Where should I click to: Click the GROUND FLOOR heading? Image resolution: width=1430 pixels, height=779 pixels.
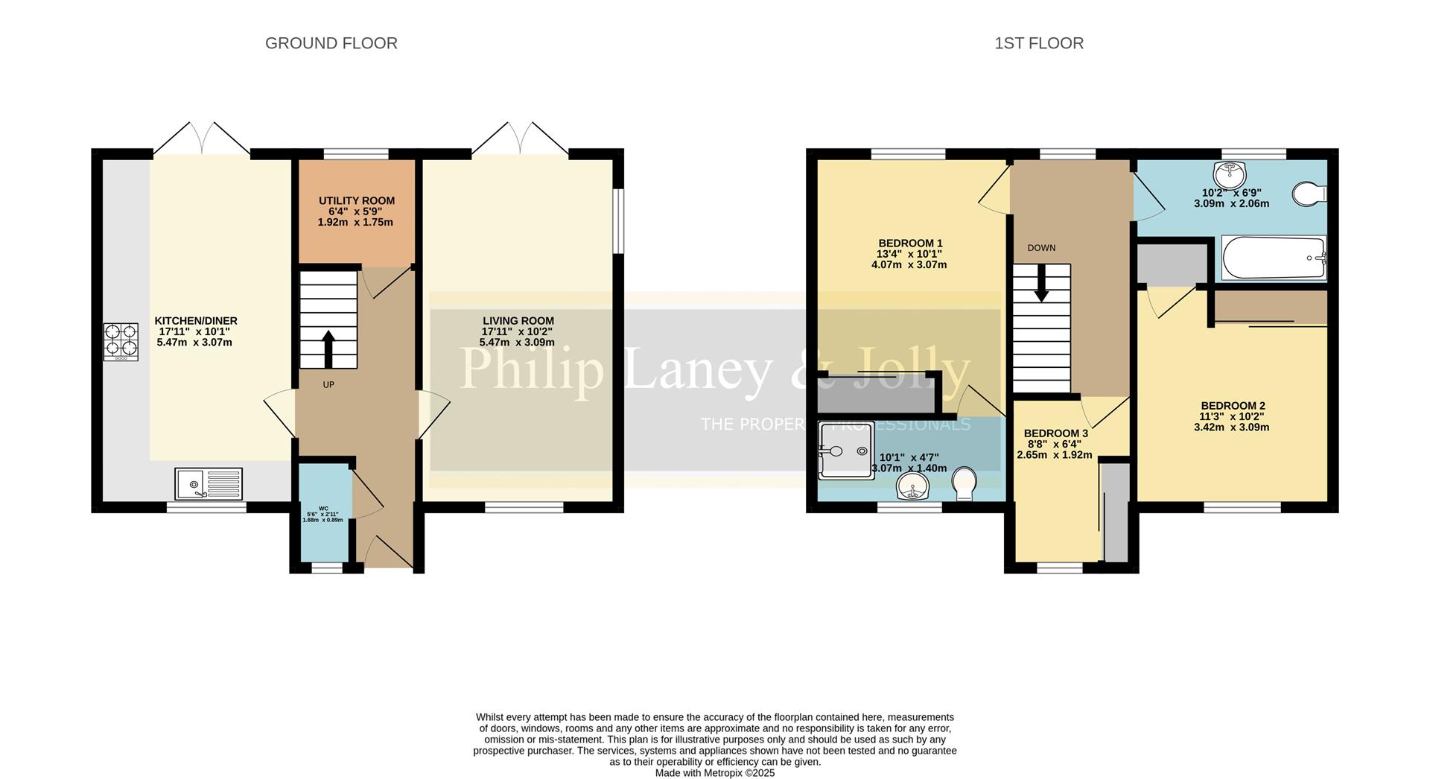331,43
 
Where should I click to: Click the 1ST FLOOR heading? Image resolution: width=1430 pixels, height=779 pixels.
1038,43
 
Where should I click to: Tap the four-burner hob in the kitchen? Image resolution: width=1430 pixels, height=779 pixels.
121,340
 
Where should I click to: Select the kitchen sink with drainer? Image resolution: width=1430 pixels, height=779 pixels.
209,483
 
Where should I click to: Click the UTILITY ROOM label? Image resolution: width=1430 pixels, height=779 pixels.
356,201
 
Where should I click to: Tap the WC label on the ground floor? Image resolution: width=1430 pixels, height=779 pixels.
323,508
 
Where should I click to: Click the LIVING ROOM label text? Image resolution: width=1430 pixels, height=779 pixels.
518,321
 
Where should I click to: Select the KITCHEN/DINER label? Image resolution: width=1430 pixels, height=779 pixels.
195,321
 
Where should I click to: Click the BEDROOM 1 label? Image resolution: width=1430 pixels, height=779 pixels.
910,244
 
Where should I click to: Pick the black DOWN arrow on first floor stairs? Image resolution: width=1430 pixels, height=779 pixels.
1040,284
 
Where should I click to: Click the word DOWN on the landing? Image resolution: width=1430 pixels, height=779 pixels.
1041,248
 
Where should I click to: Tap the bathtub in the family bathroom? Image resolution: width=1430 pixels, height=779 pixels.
1273,258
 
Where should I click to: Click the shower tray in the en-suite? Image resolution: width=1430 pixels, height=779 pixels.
846,450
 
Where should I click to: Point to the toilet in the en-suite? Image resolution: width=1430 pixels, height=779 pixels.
965,483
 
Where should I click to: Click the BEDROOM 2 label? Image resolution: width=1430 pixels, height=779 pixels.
1232,406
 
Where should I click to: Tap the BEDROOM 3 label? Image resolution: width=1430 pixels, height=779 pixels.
1055,433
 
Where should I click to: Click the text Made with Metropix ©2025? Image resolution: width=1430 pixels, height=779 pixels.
714,773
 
